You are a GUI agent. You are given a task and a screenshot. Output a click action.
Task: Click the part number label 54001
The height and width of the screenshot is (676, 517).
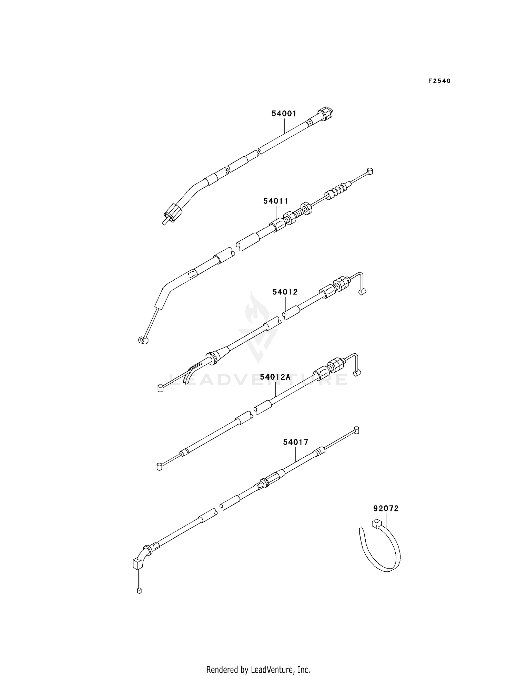[x=284, y=114]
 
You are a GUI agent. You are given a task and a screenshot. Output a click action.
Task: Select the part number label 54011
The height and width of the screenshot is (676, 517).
[x=276, y=201]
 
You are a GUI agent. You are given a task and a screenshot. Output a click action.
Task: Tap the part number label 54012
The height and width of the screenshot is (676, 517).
[x=285, y=292]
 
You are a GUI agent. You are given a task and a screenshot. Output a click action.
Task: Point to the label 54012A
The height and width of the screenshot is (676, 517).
[x=275, y=377]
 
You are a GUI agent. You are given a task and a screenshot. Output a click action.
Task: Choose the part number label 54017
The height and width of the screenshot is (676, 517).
[x=296, y=442]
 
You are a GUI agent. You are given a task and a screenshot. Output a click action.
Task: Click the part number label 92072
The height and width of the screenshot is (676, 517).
[x=386, y=508]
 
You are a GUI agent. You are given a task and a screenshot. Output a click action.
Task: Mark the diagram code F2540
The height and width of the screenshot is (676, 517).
[x=439, y=81]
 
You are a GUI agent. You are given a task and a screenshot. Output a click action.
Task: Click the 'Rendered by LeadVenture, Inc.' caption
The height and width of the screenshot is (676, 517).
[x=258, y=660]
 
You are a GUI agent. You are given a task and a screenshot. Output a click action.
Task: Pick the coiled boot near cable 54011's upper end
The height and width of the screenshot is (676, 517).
[x=339, y=189]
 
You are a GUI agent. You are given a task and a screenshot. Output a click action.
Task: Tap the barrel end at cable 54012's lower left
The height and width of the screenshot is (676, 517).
[x=160, y=389]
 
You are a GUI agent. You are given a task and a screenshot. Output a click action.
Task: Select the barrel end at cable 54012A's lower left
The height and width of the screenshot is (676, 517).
[x=159, y=467]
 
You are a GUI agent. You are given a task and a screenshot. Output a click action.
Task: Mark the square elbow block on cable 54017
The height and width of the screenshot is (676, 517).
[x=138, y=564]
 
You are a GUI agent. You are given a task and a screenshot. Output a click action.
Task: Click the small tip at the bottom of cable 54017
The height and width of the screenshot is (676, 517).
[x=139, y=591]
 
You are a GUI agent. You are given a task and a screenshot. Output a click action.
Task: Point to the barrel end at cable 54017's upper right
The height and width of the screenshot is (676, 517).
[x=356, y=430]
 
